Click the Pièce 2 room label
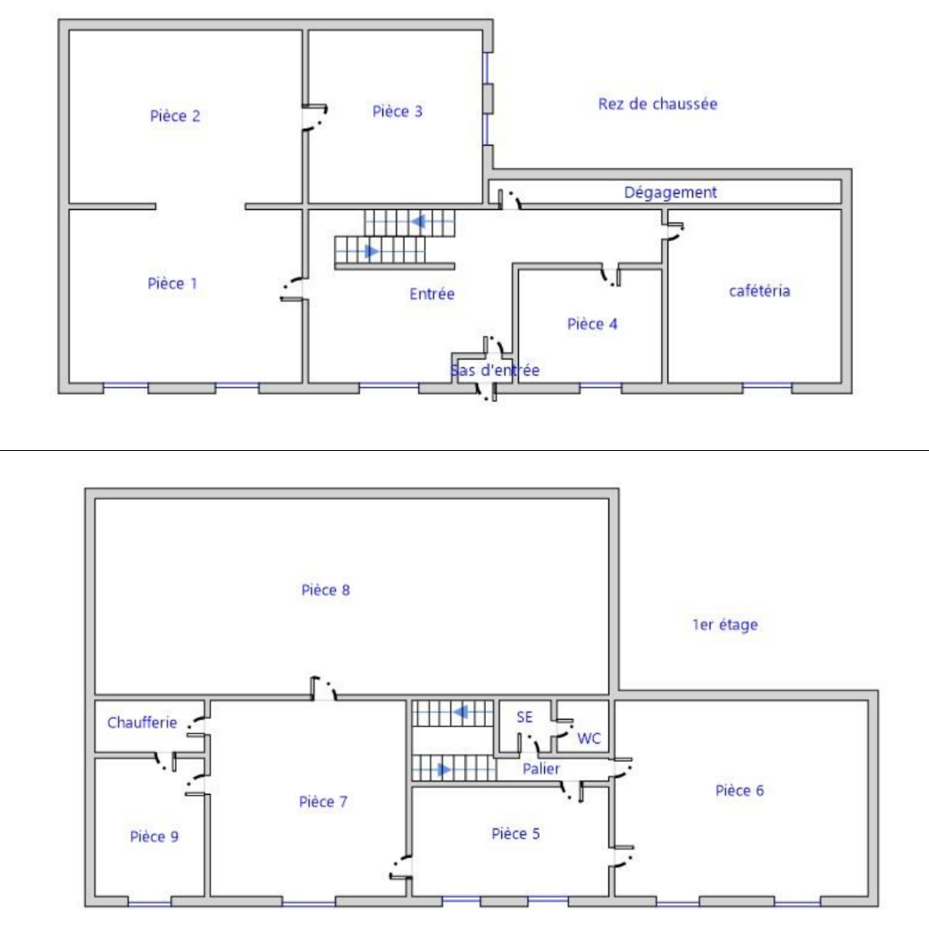coord(174,115)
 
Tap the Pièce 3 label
coord(398,112)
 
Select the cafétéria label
coord(759,290)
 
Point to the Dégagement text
coord(670,193)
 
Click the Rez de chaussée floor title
coord(657,104)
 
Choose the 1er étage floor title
coord(725,625)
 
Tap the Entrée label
coord(432,294)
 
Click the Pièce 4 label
coord(592,323)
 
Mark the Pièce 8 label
coord(325,589)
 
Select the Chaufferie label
coord(142,722)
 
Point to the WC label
coord(589,738)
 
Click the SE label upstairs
coord(524,717)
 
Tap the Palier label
coord(541,768)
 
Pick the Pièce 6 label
coord(740,790)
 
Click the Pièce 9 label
coord(154,836)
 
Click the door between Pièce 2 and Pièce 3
coord(314,117)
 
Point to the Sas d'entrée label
coord(495,370)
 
